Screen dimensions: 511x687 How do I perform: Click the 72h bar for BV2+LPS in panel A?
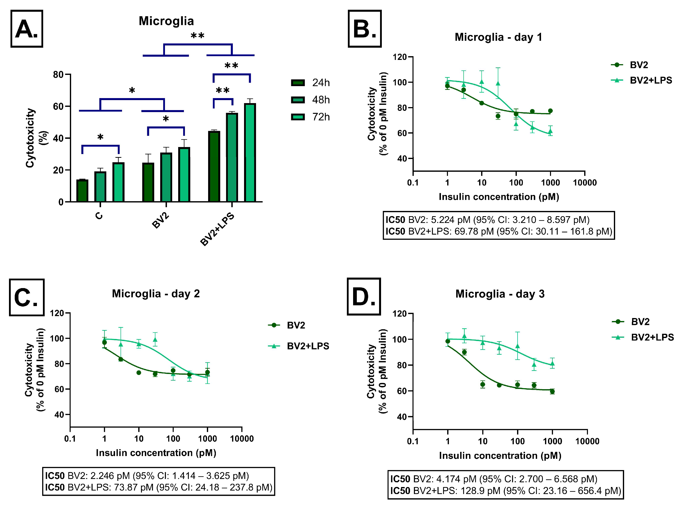click(x=250, y=153)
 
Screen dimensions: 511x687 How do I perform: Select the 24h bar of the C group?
click(x=82, y=191)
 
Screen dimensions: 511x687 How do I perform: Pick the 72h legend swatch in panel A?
click(x=298, y=117)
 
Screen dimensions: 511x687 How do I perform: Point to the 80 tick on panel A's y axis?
click(x=58, y=75)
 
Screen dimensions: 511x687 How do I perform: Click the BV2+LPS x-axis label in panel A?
click(x=217, y=229)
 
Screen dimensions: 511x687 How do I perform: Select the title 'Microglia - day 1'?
click(x=498, y=37)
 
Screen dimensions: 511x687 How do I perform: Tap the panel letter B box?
click(x=365, y=28)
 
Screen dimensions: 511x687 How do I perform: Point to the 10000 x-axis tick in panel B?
click(x=585, y=183)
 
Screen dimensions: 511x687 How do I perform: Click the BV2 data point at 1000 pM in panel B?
click(x=550, y=111)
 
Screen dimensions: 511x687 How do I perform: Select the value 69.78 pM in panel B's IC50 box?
click(x=474, y=231)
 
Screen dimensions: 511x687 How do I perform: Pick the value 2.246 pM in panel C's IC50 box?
click(x=110, y=476)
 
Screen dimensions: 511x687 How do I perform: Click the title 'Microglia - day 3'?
click(x=500, y=294)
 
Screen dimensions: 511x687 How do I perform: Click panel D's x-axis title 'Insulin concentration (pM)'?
click(x=500, y=456)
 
